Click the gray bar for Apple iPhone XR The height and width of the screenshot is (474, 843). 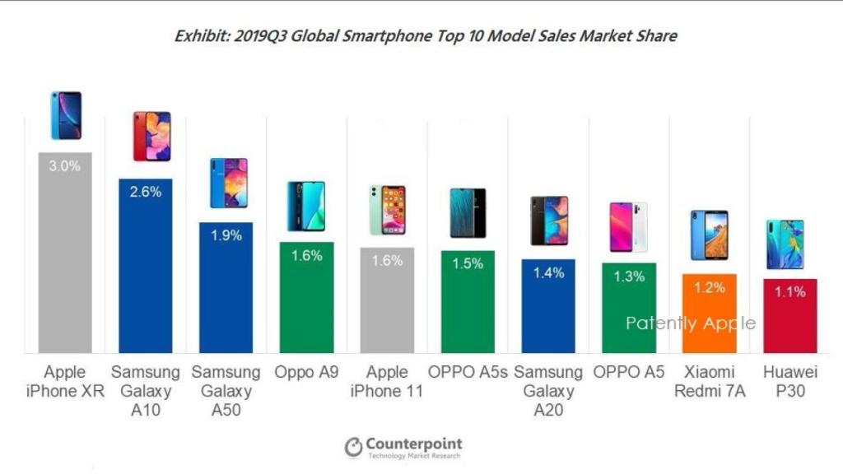65,255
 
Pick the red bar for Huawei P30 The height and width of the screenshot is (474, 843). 789,317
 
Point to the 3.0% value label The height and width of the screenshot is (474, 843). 65,165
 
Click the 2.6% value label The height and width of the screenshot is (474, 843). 145,192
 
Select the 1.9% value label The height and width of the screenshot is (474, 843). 226,235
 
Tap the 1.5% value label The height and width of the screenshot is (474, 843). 468,263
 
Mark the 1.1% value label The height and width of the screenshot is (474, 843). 789,291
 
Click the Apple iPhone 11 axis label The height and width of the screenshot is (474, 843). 387,381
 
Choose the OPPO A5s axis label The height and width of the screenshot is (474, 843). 468,372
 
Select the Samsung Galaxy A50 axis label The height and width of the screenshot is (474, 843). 226,390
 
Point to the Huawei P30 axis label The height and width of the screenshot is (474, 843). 789,381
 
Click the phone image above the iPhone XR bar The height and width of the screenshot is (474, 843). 66,115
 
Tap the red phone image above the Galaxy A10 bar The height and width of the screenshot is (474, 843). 151,136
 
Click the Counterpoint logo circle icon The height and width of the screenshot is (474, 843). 354,447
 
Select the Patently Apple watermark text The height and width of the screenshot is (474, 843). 690,323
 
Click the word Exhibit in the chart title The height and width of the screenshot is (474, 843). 201,36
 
